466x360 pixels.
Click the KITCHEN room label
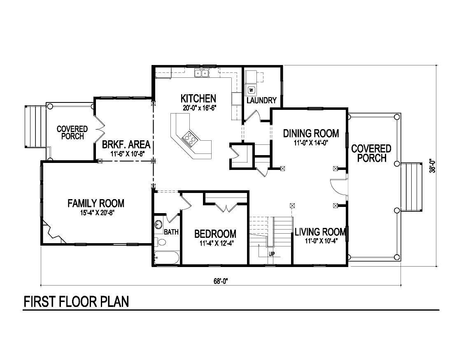point(198,98)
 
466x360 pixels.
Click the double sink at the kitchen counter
point(202,72)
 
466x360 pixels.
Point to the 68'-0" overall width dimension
point(221,281)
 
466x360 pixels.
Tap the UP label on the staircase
point(272,254)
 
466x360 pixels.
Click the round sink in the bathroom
point(158,224)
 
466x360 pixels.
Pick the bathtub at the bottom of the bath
point(166,258)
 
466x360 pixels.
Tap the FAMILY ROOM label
point(96,204)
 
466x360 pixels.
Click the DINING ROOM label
point(311,133)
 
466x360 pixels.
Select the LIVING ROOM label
point(320,232)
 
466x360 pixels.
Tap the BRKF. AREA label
point(126,145)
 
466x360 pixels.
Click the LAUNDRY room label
point(261,100)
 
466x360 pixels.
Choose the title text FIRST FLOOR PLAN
point(76,302)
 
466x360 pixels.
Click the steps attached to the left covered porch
point(36,126)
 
